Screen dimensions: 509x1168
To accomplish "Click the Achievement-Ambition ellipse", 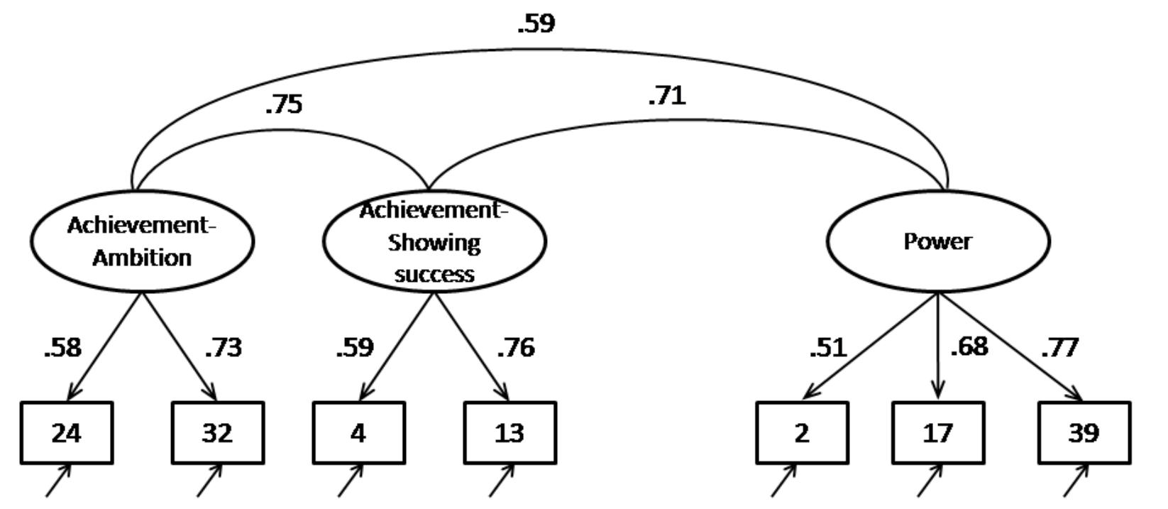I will (142, 241).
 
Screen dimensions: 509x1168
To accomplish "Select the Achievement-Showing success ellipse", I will (434, 241).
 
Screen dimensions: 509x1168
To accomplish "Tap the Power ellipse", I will (937, 241).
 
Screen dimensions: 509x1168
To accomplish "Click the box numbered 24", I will (67, 433).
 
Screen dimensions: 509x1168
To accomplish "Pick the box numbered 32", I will (217, 433).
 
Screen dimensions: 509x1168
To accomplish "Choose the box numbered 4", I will (358, 433).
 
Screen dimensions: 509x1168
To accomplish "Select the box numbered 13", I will (509, 433).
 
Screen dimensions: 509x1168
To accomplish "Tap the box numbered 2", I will (801, 433).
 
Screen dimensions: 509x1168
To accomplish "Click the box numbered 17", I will (937, 433).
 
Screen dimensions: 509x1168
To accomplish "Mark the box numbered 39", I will (1084, 433).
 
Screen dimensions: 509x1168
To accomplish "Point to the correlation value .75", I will (284, 104).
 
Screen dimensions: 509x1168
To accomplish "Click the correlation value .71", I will (667, 95).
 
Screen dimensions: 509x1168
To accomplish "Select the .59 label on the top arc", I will (536, 23).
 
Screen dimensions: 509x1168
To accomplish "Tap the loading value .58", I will (62, 348).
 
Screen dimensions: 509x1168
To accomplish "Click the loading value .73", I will (224, 348).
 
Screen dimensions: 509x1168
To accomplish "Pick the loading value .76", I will (516, 348).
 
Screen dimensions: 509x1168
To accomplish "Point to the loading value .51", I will (828, 348).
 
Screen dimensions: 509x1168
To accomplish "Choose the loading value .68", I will (969, 346).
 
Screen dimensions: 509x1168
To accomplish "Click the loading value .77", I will (1060, 348).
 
